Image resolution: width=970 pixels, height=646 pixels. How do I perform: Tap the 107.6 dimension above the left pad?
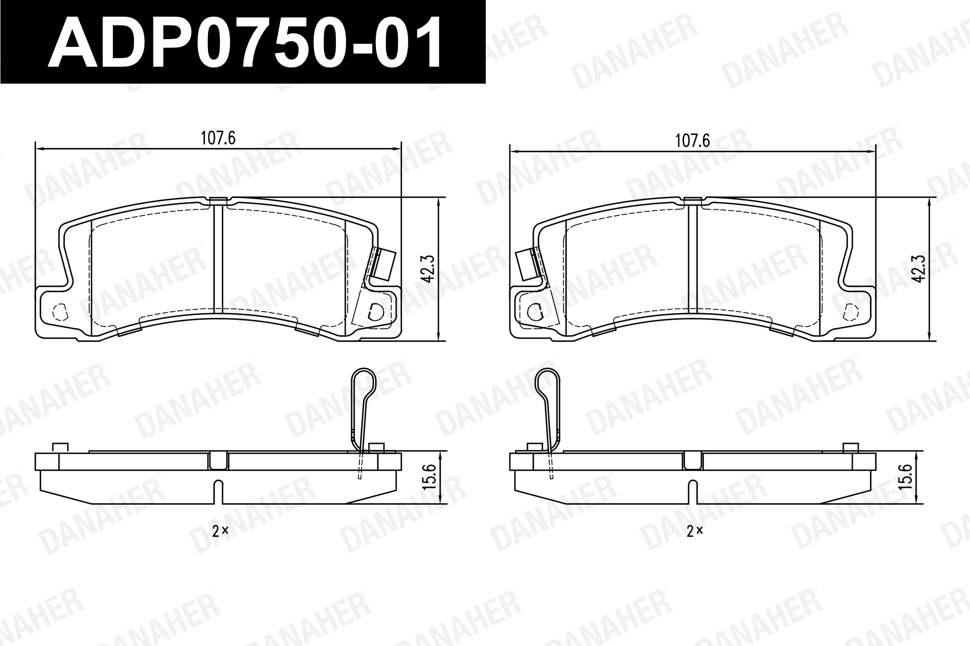(218, 138)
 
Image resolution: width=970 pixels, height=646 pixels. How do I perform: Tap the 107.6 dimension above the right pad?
(693, 141)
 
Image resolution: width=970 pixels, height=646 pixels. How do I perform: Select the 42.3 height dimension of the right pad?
(919, 269)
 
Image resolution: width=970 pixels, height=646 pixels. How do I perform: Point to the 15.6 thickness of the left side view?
(429, 477)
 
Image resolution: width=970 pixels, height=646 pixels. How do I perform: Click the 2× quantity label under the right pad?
(695, 531)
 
